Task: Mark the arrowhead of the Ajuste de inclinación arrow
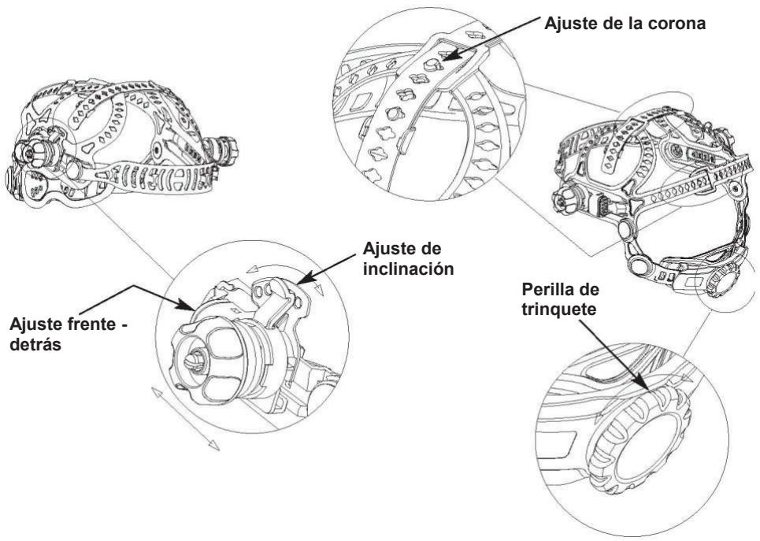point(301,280)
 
